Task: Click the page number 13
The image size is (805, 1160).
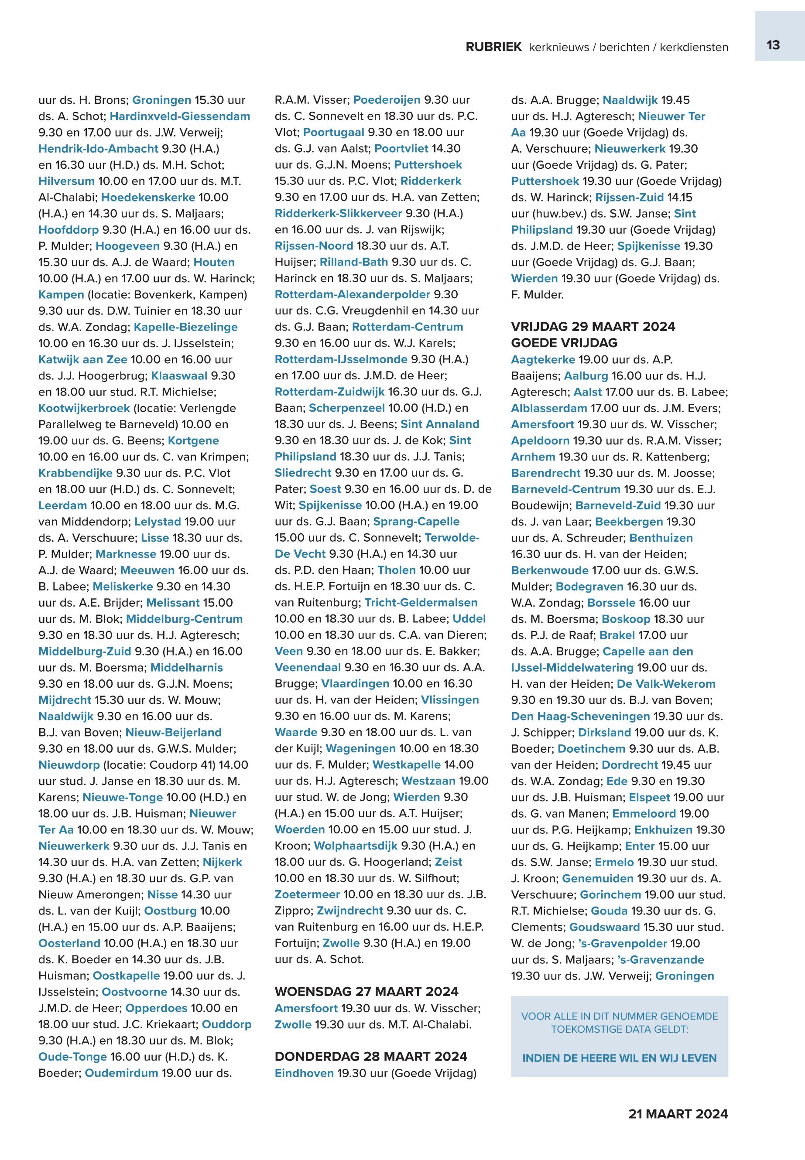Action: point(773,45)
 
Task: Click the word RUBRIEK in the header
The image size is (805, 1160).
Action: point(493,48)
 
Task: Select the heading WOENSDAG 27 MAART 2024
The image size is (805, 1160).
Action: point(367,991)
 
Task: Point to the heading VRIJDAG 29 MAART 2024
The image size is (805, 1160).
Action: point(593,327)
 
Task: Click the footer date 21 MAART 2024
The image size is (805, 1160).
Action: point(678,1114)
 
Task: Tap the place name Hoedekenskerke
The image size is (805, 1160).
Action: point(148,198)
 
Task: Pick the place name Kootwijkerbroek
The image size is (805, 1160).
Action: point(84,408)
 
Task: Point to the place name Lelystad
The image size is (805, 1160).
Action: point(158,522)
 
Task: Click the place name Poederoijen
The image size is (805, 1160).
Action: point(387,100)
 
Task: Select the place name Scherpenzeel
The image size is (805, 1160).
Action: point(346,408)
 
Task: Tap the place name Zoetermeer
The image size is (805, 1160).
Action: point(307,894)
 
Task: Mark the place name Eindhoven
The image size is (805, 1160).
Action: point(304,1073)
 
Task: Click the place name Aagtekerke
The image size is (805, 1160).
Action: point(543,360)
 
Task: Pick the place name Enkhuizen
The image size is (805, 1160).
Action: point(663,830)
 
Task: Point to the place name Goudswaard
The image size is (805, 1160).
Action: point(604,927)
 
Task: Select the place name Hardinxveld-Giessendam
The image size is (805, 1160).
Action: point(180,116)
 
